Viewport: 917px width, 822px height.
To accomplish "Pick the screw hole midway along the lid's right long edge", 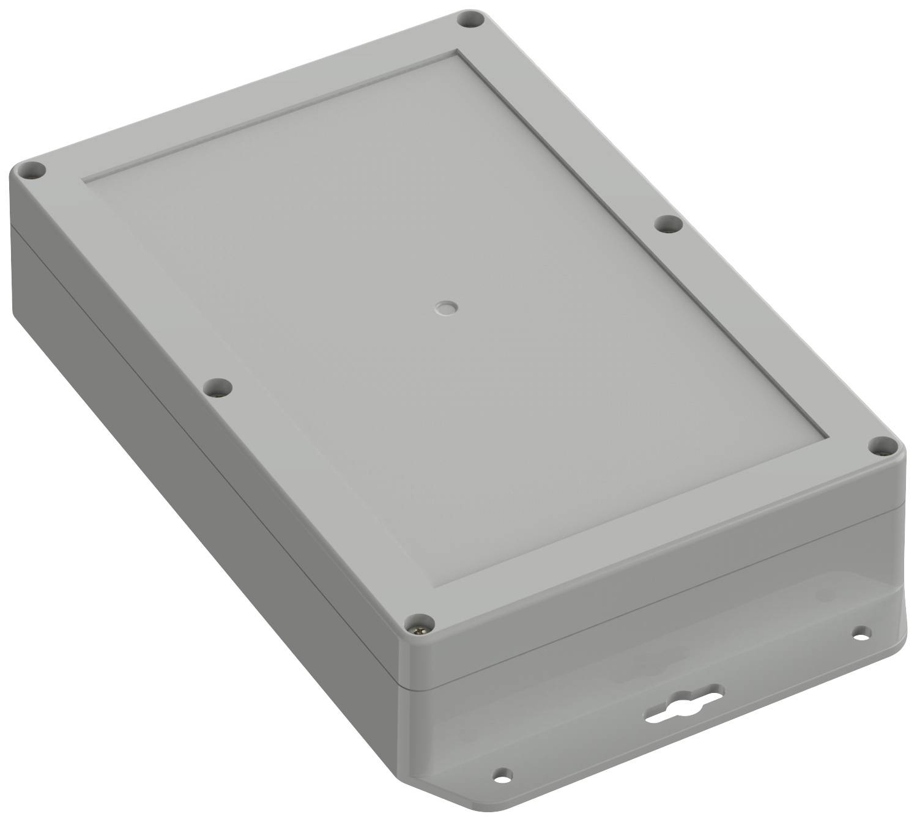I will click(668, 224).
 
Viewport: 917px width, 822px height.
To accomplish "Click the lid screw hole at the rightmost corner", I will click(880, 446).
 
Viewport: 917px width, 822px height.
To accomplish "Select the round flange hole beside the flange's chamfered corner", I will click(503, 772).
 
